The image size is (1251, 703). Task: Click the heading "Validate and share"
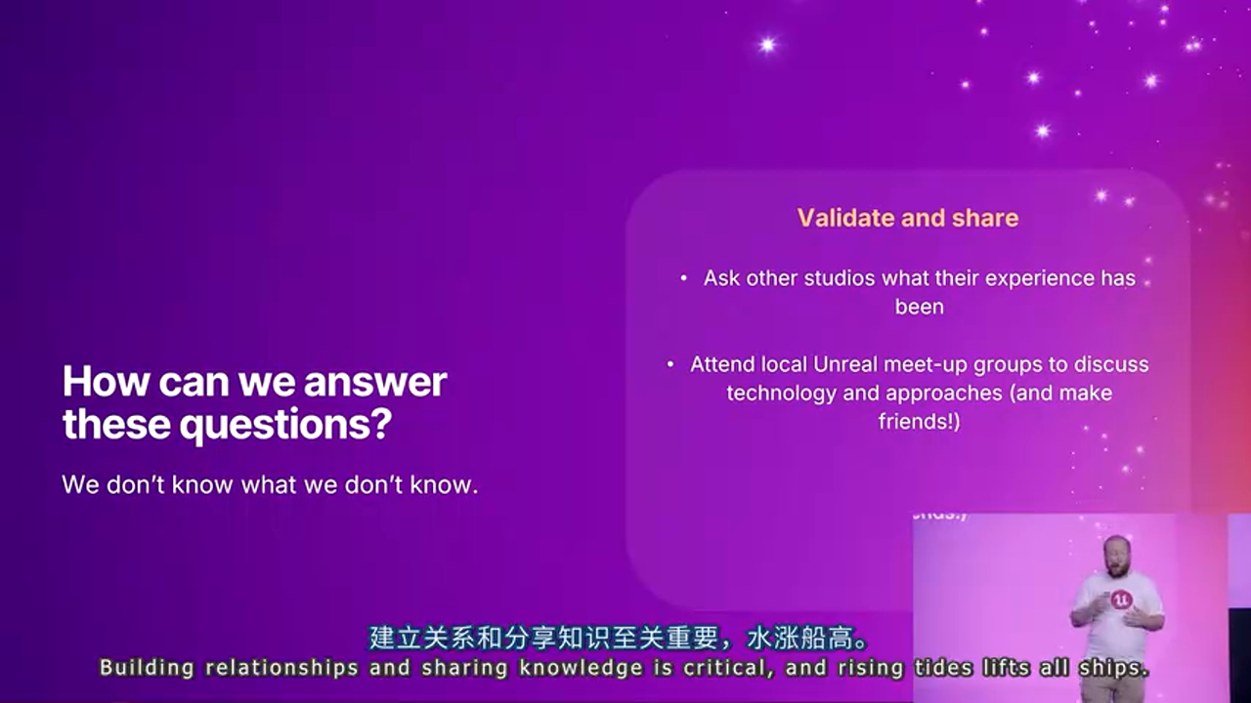[908, 218]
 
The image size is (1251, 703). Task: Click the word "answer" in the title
[374, 382]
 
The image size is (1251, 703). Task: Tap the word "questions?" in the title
[285, 426]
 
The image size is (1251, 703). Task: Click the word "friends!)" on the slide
[919, 421]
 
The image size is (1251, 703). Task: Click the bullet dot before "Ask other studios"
[683, 278]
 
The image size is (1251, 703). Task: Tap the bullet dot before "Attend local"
[670, 364]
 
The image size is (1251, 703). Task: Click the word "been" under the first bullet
[920, 307]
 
